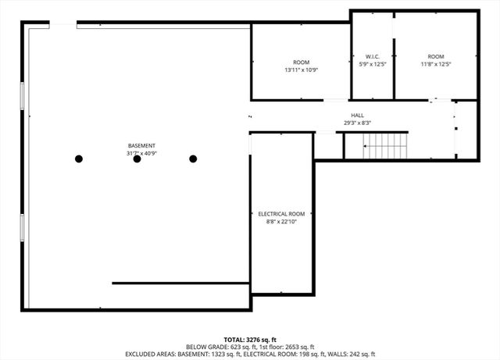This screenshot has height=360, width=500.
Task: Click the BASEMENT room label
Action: point(141,146)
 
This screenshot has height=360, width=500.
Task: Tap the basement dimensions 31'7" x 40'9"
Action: point(141,154)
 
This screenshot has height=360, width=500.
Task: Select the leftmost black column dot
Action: point(79,159)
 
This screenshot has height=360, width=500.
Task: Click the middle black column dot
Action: point(137,159)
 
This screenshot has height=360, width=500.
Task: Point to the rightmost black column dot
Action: point(193,159)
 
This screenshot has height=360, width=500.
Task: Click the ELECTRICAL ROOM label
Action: point(281,214)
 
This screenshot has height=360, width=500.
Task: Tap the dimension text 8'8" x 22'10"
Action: point(281,222)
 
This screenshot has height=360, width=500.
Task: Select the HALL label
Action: point(357,115)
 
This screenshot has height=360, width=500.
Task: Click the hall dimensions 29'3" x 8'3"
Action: point(357,123)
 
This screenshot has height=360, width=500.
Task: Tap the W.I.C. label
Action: point(372,56)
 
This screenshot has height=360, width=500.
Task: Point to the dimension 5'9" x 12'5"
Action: point(372,64)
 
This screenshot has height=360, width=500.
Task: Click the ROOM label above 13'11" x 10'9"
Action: point(301,62)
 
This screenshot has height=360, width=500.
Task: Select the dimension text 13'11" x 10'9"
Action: point(301,70)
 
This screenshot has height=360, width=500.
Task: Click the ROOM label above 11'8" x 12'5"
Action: point(435,56)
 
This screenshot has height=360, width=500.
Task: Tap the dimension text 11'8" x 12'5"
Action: point(435,64)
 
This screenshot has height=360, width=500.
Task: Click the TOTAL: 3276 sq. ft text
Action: point(249,340)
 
